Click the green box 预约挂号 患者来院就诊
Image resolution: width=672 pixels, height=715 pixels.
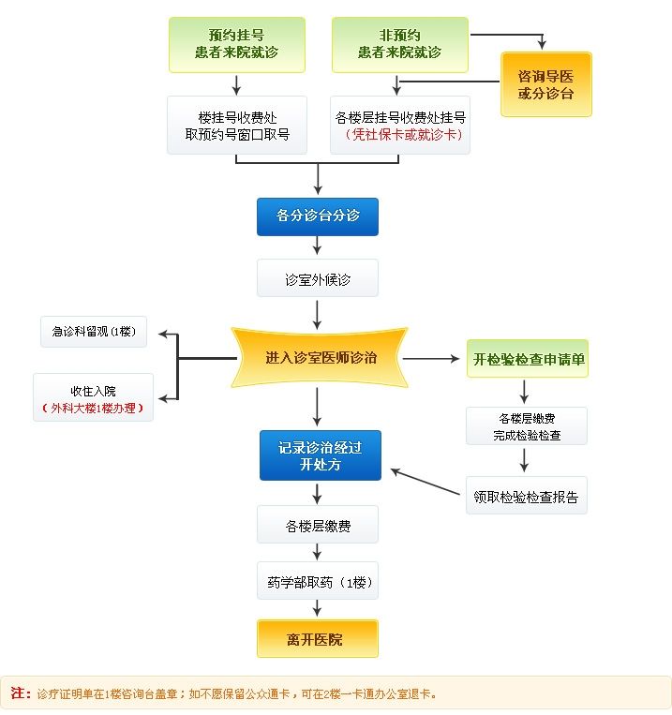236,44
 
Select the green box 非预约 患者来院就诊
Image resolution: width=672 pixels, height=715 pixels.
399,44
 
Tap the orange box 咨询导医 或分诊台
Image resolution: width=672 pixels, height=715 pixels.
545,84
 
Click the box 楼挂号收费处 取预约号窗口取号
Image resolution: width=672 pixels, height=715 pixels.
236,125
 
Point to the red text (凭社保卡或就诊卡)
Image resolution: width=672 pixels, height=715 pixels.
400,135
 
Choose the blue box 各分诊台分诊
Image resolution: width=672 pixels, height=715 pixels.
317,216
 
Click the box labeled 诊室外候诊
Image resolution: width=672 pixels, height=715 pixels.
318,278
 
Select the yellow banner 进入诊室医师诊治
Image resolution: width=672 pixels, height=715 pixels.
320,358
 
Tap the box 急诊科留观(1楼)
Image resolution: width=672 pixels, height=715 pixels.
94,332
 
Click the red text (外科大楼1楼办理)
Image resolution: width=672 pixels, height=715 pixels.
93,408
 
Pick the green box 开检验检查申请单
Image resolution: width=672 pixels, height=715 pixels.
528,359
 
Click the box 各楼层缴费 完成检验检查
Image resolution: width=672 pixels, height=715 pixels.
526,425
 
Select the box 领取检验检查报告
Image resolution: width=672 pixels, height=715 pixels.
526,496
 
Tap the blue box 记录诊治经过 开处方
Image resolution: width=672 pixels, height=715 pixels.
320,455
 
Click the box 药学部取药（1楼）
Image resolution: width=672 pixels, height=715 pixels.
318,582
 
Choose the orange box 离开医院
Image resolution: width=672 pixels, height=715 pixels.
317,639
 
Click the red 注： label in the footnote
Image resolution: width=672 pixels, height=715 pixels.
21,693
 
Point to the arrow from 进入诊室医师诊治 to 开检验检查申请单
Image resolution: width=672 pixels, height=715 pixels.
433,358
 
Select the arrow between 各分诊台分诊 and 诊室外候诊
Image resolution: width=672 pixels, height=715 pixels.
318,246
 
